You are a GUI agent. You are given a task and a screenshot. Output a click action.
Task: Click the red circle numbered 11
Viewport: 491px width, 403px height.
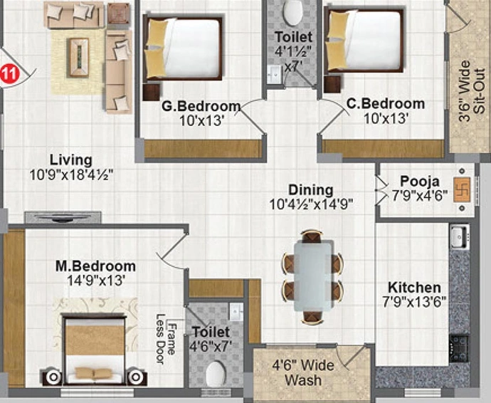[9, 75]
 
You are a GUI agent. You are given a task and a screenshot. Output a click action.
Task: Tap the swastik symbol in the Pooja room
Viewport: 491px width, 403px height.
[463, 189]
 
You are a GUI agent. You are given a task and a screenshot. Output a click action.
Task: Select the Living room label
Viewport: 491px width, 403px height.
[71, 160]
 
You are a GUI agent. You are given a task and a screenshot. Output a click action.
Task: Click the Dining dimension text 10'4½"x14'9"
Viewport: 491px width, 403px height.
[311, 204]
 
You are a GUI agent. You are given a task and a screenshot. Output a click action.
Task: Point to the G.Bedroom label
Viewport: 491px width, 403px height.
[201, 106]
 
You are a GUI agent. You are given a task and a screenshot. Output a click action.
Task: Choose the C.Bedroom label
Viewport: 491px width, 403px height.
[386, 104]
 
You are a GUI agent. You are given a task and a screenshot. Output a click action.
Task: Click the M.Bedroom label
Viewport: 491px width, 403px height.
[95, 266]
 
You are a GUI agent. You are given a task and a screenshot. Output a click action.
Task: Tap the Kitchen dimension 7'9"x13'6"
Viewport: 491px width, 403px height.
[414, 302]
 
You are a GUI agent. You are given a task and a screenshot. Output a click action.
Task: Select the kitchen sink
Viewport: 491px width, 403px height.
[460, 236]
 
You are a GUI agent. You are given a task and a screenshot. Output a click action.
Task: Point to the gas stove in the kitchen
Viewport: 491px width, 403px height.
[459, 348]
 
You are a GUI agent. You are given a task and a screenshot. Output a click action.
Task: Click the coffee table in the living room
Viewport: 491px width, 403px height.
[79, 58]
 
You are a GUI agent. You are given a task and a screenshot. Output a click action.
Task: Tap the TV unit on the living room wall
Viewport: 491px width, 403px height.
[63, 217]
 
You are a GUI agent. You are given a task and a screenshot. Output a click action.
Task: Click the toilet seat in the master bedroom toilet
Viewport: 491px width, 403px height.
[216, 375]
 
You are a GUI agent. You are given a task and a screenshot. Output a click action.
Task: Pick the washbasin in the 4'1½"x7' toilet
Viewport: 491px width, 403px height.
[275, 75]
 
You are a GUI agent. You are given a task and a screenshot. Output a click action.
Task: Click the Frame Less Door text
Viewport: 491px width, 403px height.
[165, 340]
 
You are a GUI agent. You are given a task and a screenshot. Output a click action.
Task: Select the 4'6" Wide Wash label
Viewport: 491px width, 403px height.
[303, 373]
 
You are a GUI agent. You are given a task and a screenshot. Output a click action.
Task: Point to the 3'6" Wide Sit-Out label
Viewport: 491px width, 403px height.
[472, 91]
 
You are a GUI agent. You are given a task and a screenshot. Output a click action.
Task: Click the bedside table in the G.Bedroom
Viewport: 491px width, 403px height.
[152, 92]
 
